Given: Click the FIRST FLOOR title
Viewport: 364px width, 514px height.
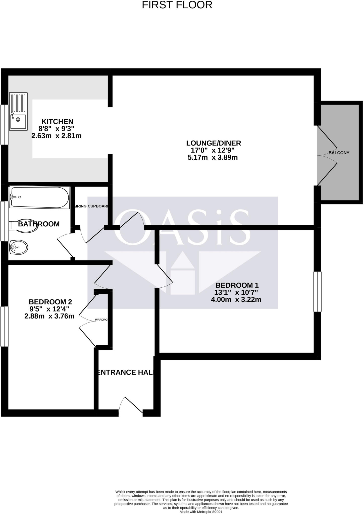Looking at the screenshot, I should (x=177, y=5).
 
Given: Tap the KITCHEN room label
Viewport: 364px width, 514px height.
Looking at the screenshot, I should (x=57, y=121).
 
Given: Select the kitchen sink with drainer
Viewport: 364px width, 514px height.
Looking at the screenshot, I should (x=18, y=111).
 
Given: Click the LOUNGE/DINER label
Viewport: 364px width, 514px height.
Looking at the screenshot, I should (x=214, y=143).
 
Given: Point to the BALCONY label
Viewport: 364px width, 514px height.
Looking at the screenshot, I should (x=339, y=153).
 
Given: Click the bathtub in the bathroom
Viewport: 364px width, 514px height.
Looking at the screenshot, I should (x=39, y=197).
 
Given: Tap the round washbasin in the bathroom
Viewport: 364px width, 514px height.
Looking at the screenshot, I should (x=18, y=247).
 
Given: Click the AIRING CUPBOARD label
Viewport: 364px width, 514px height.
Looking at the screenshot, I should (x=91, y=206).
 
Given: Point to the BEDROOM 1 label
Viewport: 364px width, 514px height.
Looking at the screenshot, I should (x=237, y=285).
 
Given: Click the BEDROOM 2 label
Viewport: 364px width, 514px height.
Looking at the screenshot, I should (x=50, y=302).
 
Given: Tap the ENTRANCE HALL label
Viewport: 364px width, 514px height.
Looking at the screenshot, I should (x=125, y=372).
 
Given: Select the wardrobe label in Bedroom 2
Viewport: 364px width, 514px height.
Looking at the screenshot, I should (x=101, y=320).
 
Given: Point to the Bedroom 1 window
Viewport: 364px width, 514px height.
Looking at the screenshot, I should (x=317, y=292).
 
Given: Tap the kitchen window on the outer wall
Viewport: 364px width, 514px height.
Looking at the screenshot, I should (x=5, y=124).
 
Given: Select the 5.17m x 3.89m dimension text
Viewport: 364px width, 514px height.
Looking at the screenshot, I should (x=213, y=158).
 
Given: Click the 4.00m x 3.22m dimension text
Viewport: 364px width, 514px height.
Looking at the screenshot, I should (x=236, y=299).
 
